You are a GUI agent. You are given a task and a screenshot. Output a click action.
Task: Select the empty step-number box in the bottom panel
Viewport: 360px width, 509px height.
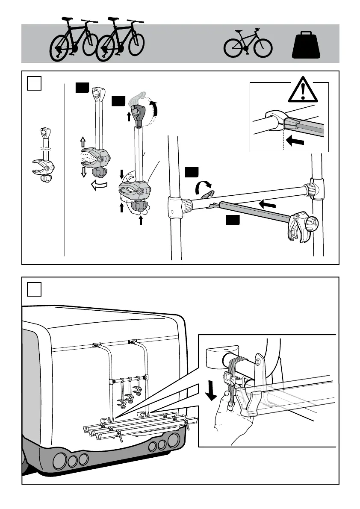(x=34, y=289)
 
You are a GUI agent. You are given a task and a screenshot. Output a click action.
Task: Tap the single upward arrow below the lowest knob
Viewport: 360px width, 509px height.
(x=141, y=221)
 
